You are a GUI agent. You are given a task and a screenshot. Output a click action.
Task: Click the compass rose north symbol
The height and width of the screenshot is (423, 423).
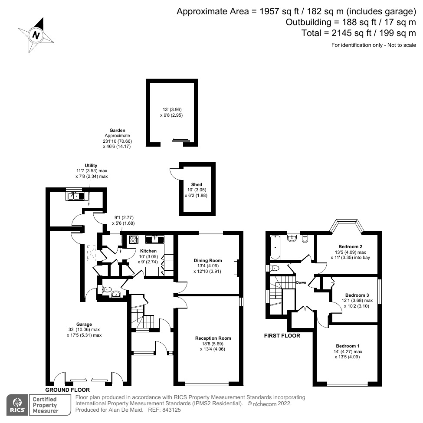pyautogui.click(x=36, y=35)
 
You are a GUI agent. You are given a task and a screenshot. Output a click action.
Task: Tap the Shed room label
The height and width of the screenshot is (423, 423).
pyautogui.click(x=197, y=184)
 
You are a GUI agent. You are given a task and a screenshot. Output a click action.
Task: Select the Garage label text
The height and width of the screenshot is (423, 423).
pyautogui.click(x=84, y=324)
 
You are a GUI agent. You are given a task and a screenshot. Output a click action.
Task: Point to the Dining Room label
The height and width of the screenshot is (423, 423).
pyautogui.click(x=207, y=261)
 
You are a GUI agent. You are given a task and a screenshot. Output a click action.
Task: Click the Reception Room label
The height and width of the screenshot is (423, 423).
pyautogui.click(x=213, y=338)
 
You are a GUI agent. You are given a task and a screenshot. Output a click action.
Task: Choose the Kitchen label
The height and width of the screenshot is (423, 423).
pyautogui.click(x=148, y=251)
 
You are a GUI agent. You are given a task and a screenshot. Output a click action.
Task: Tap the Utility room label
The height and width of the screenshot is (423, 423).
pyautogui.click(x=91, y=165)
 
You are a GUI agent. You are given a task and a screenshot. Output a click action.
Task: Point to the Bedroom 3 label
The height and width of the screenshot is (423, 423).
pyautogui.click(x=353, y=295)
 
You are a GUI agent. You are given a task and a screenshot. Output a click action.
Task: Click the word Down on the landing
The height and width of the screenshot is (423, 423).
pyautogui.click(x=301, y=282)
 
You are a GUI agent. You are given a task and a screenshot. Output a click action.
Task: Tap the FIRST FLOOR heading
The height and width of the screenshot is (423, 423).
pyautogui.click(x=282, y=335)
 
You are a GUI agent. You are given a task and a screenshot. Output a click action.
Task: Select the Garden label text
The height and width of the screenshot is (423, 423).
pyautogui.click(x=117, y=130)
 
